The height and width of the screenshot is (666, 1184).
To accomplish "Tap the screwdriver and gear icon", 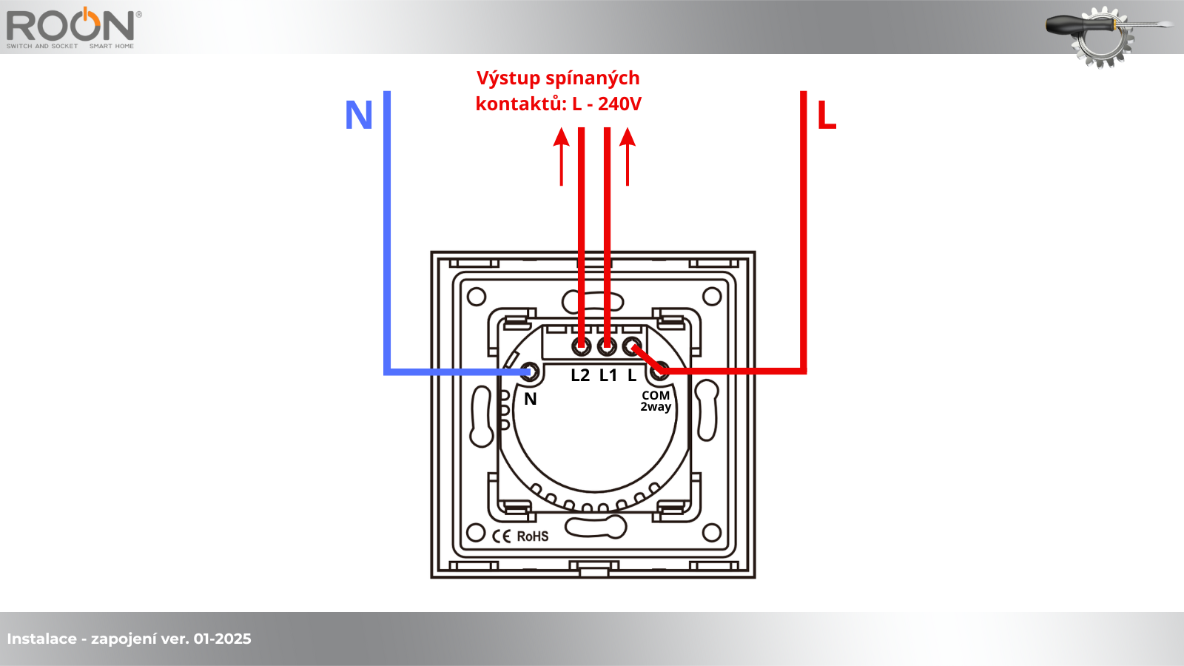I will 1103,34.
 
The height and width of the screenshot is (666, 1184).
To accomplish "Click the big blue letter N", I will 359,115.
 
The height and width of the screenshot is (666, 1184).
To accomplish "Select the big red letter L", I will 827,115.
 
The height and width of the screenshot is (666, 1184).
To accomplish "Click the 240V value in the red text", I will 619,104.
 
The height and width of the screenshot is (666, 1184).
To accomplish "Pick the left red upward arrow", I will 562,155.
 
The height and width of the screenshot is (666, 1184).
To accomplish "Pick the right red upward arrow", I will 628,155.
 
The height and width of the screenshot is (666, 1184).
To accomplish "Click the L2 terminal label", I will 580,376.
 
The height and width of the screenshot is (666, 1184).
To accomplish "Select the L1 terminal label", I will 608,376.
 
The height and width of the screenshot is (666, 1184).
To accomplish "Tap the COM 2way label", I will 656,401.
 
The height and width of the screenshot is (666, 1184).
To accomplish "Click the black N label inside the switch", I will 531,400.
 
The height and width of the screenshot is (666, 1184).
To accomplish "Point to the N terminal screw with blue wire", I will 528,371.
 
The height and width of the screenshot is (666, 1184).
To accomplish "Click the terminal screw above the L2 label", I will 582,346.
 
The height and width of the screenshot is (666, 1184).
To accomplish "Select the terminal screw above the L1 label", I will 608,346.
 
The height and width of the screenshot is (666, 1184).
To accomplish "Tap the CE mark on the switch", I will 502,536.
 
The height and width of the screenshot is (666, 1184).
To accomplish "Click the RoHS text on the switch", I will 533,536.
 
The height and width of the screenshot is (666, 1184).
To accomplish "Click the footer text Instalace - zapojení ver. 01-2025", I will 129,639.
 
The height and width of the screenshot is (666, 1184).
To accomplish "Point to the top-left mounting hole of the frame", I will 477,297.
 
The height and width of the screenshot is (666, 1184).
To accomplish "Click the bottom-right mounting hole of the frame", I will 712,533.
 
